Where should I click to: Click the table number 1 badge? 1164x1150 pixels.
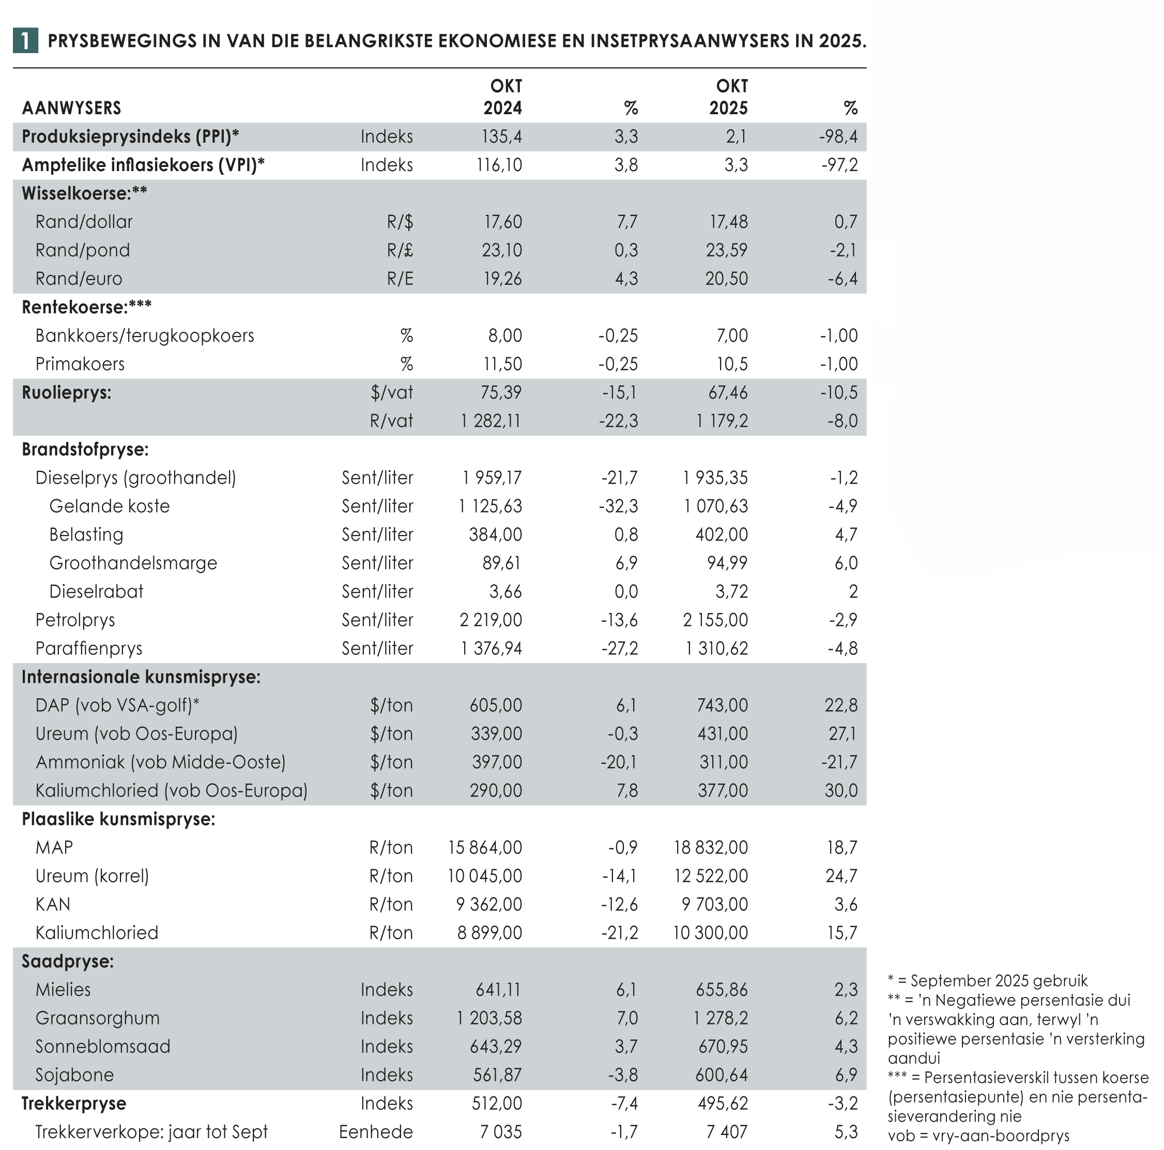pyautogui.click(x=25, y=40)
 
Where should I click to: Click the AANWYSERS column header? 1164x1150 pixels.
pyautogui.click(x=72, y=108)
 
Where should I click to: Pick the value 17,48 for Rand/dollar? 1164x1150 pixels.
pyautogui.click(x=728, y=222)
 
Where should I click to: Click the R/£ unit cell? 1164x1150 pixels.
pyautogui.click(x=400, y=250)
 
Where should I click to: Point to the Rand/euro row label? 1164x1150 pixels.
pyautogui.click(x=79, y=278)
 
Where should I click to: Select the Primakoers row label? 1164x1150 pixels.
pyautogui.click(x=80, y=364)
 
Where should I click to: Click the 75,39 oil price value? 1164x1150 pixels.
pyautogui.click(x=502, y=392)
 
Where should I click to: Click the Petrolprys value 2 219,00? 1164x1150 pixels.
pyautogui.click(x=491, y=619)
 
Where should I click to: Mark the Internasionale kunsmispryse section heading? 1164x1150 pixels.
pyautogui.click(x=141, y=677)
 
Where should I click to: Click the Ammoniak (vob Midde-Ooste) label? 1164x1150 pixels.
pyautogui.click(x=160, y=762)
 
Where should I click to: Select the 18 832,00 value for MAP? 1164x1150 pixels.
pyautogui.click(x=710, y=847)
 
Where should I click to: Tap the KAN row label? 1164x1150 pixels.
pyautogui.click(x=53, y=903)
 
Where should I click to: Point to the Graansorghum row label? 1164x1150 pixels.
pyautogui.click(x=98, y=1018)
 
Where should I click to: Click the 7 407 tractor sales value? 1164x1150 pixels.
pyautogui.click(x=727, y=1131)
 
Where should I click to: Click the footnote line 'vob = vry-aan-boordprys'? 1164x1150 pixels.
pyautogui.click(x=978, y=1136)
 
